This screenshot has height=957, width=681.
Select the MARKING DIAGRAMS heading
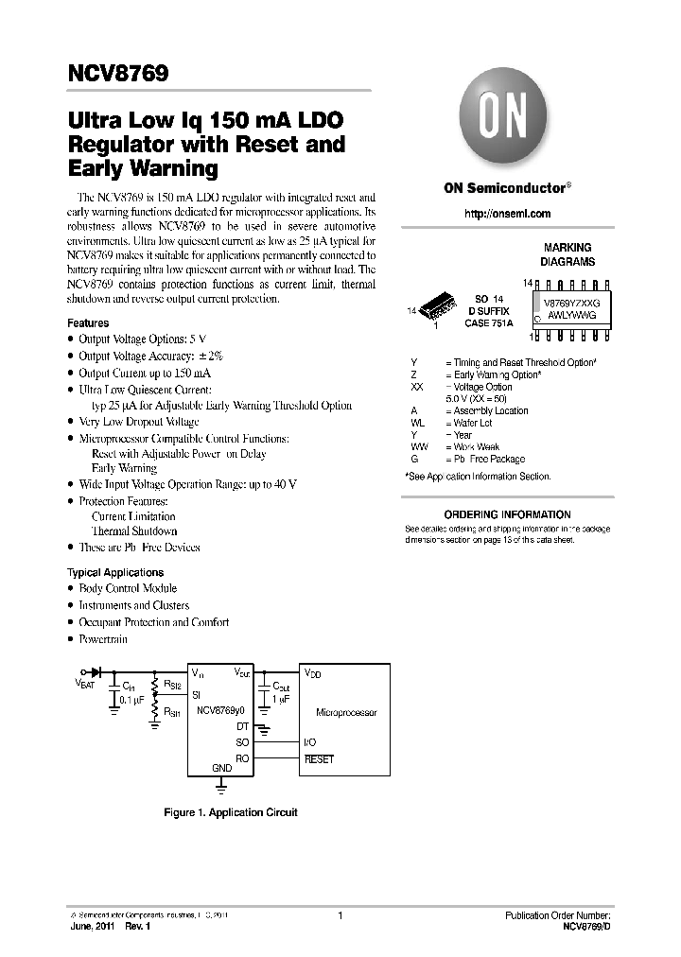click(x=567, y=254)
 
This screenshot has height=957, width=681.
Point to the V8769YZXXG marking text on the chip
click(x=571, y=303)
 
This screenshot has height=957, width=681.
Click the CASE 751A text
click(x=488, y=323)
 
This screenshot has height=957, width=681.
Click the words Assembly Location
click(x=491, y=410)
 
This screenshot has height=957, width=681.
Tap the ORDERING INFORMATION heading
click(x=507, y=514)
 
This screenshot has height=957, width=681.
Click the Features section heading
click(x=88, y=323)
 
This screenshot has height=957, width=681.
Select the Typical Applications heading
click(x=115, y=572)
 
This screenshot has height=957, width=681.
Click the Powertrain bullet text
click(x=103, y=639)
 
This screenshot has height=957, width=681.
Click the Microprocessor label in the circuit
click(x=346, y=712)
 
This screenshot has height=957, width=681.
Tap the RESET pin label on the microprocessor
click(x=319, y=759)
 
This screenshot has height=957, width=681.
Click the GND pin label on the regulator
click(x=221, y=769)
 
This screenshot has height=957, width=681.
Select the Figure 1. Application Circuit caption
click(x=231, y=812)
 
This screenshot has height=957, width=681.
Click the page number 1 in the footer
click(x=339, y=915)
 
